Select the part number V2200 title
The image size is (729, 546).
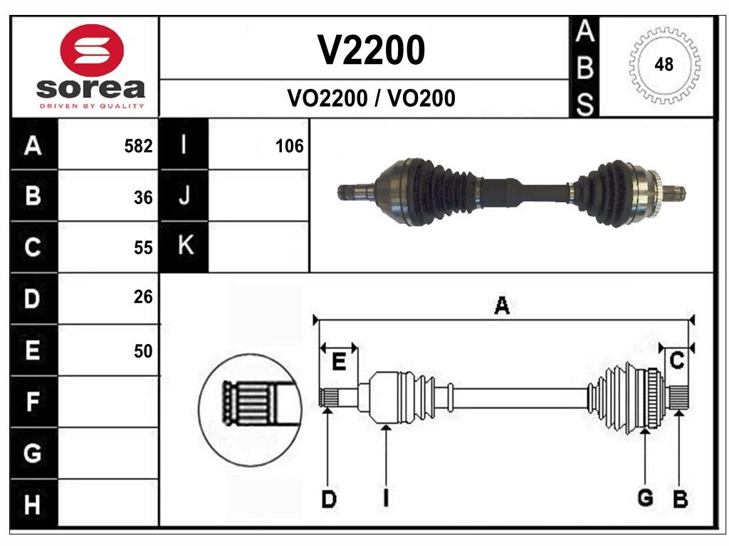[371, 50]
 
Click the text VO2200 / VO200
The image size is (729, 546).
[371, 98]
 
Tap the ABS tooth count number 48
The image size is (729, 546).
[664, 65]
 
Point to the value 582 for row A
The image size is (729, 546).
[138, 146]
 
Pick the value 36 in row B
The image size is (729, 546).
[143, 198]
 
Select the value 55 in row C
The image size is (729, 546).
[143, 247]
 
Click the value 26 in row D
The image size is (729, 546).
[143, 297]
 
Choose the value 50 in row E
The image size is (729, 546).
[143, 350]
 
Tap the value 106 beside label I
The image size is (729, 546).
[289, 146]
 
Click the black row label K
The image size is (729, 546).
[184, 246]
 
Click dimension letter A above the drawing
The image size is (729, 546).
[502, 306]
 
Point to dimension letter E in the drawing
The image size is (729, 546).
[339, 362]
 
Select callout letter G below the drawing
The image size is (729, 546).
[645, 498]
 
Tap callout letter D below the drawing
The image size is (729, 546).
[328, 500]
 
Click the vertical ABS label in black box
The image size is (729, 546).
[584, 68]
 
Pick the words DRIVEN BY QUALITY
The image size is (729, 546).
[91, 106]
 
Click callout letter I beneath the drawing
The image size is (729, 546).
[385, 498]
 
